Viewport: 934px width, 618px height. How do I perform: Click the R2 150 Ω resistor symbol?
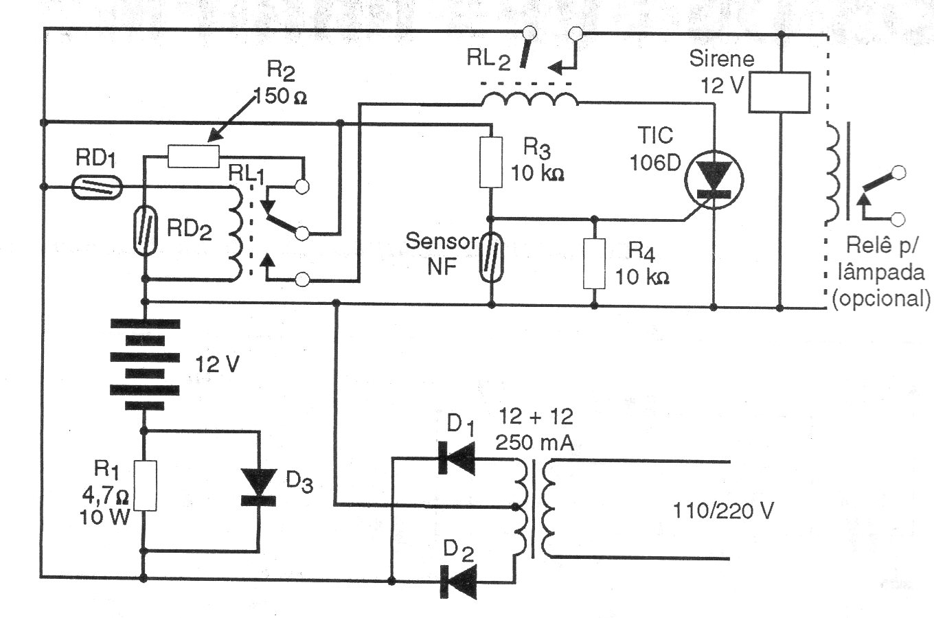pyautogui.click(x=193, y=155)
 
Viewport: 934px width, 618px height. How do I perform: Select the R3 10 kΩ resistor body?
pyautogui.click(x=490, y=162)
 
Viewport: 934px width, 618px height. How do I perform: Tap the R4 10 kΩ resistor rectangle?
pyautogui.click(x=594, y=263)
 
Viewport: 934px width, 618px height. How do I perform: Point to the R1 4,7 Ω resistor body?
pyautogui.click(x=145, y=485)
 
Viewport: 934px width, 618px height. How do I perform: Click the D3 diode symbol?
pyautogui.click(x=259, y=486)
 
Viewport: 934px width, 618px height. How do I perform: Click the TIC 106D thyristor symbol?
pyautogui.click(x=714, y=181)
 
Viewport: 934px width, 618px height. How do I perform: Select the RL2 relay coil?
pyautogui.click(x=529, y=100)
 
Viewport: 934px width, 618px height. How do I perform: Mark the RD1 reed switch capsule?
pyautogui.click(x=97, y=186)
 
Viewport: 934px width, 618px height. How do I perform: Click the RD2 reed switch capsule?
pyautogui.click(x=146, y=231)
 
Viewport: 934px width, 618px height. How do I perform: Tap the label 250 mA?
pyautogui.click(x=534, y=443)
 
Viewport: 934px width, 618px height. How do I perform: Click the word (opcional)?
pyautogui.click(x=881, y=299)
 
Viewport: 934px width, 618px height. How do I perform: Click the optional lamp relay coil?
pyautogui.click(x=832, y=172)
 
